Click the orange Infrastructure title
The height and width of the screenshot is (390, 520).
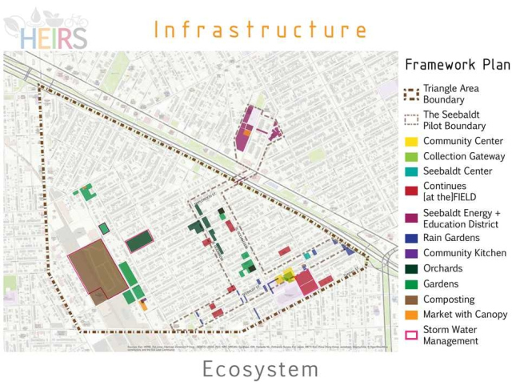pos(260,30)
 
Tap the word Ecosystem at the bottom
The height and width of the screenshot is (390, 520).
pos(260,370)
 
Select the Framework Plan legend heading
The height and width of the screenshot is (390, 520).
pos(457,65)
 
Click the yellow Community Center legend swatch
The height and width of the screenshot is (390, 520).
pos(411,142)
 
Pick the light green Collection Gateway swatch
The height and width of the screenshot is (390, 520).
pos(411,156)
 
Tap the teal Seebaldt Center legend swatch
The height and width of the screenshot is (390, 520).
pos(411,171)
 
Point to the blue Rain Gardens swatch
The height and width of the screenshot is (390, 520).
pos(411,238)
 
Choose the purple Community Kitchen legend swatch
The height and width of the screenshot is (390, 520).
pos(411,253)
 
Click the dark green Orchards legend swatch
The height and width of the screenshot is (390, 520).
pos(411,268)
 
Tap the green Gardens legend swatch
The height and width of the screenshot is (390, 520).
pos(411,283)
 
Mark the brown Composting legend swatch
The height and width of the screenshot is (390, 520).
pos(411,299)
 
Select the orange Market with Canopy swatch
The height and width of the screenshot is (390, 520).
pos(411,314)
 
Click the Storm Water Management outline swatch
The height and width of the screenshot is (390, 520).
pos(411,335)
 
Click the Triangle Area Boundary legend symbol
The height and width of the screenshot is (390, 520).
pos(411,94)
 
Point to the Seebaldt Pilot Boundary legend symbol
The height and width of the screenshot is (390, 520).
pos(411,120)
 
